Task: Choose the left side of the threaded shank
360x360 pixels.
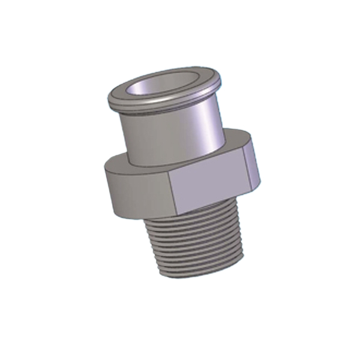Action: click(x=154, y=243)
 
